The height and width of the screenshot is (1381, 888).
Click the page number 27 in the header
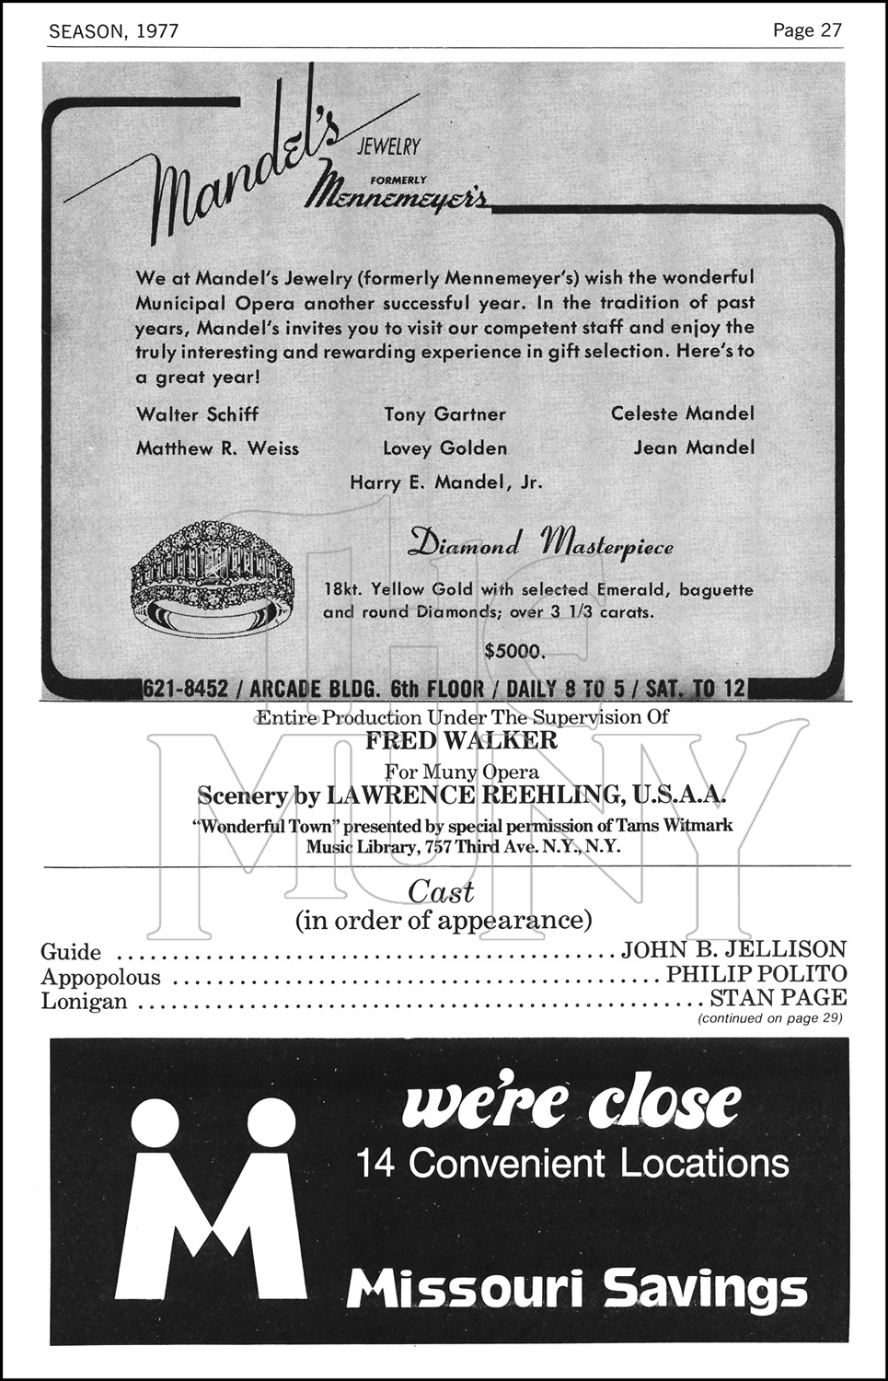[830, 30]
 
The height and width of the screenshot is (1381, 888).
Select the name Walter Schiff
[197, 414]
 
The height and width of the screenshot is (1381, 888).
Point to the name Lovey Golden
[445, 448]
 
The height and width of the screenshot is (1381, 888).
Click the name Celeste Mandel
[682, 413]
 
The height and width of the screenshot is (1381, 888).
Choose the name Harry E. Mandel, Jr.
[446, 482]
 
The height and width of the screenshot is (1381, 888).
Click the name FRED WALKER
[461, 740]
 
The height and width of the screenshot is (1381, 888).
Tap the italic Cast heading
[441, 891]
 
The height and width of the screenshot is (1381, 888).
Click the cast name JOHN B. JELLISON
[733, 949]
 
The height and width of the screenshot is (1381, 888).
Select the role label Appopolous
[101, 977]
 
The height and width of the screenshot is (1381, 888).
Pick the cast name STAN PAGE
[778, 997]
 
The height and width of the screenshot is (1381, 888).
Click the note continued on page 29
[770, 1018]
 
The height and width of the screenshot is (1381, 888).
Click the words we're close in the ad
[571, 1104]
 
